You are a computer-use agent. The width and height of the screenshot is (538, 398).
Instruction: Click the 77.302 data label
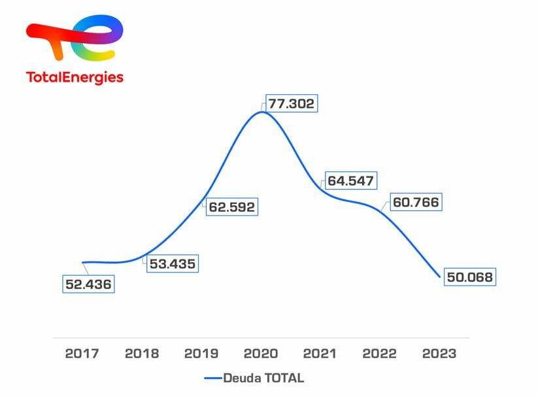[291, 103]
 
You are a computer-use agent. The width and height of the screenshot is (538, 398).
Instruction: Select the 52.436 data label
[88, 284]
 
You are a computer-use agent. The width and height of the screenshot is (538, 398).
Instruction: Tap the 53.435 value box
[172, 263]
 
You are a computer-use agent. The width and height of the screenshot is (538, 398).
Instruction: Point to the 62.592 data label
[231, 207]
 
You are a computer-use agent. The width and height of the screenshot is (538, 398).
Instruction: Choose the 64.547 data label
[351, 180]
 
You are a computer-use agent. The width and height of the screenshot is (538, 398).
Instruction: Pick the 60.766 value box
[416, 203]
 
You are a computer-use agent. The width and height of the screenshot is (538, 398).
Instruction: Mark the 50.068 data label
[469, 277]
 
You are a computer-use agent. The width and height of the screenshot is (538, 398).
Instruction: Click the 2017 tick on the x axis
[82, 354]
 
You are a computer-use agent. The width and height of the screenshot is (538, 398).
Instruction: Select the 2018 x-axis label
[141, 354]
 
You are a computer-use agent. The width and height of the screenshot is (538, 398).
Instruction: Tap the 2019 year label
[201, 354]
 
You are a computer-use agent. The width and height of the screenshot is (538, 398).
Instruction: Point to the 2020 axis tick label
[260, 354]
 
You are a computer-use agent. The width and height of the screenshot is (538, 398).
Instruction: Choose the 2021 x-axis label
[320, 354]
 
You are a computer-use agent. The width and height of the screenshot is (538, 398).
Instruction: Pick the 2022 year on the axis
[379, 354]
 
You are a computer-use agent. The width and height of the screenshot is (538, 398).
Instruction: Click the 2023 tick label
[439, 354]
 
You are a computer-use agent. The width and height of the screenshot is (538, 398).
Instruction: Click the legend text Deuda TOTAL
[263, 378]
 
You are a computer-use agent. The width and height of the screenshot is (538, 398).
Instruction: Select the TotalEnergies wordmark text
[75, 77]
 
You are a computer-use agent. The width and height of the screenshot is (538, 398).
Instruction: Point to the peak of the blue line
[261, 112]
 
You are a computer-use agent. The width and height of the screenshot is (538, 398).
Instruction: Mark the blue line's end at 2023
[439, 276]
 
